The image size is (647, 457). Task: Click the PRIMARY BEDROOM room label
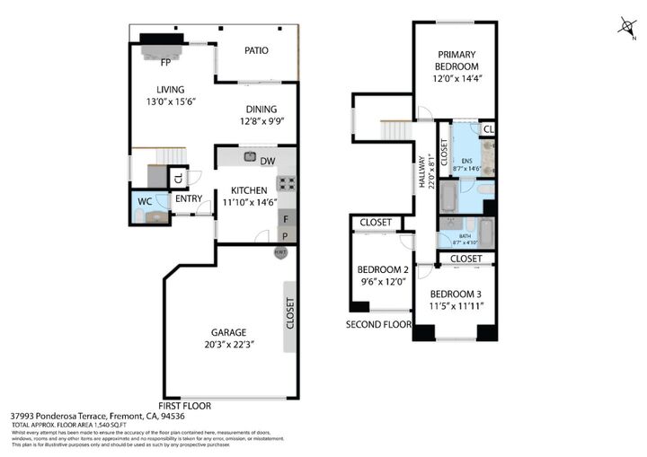[457, 60]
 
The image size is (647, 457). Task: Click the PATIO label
[256, 50]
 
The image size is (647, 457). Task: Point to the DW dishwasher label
[267, 162]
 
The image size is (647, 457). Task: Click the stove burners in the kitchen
[287, 184]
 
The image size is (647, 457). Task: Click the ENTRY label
[188, 199]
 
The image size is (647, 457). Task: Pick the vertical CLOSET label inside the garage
[289, 313]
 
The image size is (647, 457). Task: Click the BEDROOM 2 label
[383, 270]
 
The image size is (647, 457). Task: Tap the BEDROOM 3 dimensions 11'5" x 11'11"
[456, 307]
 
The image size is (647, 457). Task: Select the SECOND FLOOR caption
[378, 325]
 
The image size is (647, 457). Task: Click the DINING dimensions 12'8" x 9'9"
[258, 121]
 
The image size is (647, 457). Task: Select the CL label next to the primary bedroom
[488, 129]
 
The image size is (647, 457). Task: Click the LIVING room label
[170, 90]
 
